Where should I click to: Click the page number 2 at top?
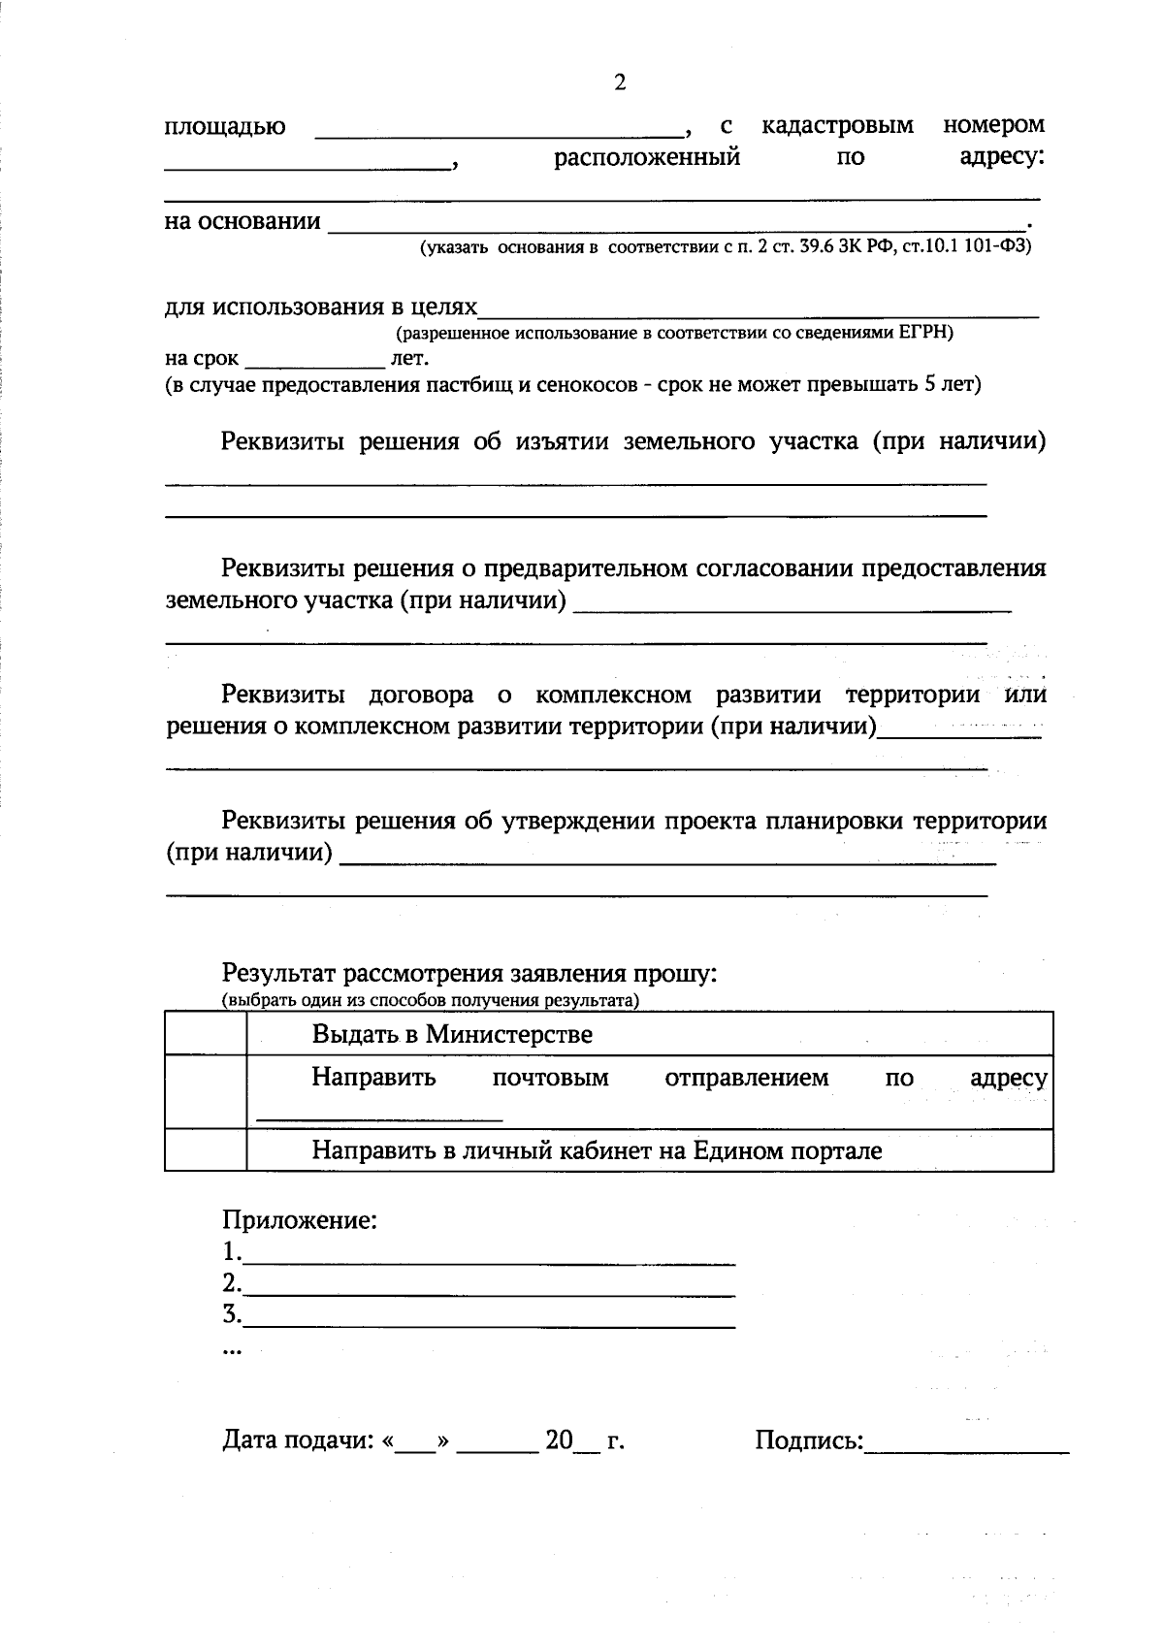(620, 83)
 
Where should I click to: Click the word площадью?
(225, 128)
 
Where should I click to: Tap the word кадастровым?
(837, 125)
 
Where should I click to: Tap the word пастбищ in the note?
(465, 384)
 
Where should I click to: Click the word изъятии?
(563, 442)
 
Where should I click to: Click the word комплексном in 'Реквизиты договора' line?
(613, 695)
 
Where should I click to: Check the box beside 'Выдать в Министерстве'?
(206, 1033)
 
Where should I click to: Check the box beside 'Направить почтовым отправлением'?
(206, 1091)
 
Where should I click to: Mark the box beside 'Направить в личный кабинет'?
(206, 1150)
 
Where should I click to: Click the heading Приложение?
(300, 1220)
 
